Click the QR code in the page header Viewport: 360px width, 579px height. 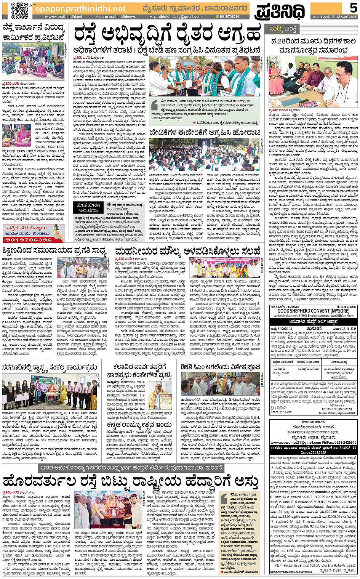pos(19,10)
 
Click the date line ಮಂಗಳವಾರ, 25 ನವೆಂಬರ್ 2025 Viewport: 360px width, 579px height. pos(334,17)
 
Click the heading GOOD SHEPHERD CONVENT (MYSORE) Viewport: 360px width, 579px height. pos(313,311)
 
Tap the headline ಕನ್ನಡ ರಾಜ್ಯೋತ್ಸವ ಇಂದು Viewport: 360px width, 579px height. pos(139,424)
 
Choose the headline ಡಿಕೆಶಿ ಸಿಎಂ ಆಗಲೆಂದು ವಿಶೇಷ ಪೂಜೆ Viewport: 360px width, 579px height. pos(221,367)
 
